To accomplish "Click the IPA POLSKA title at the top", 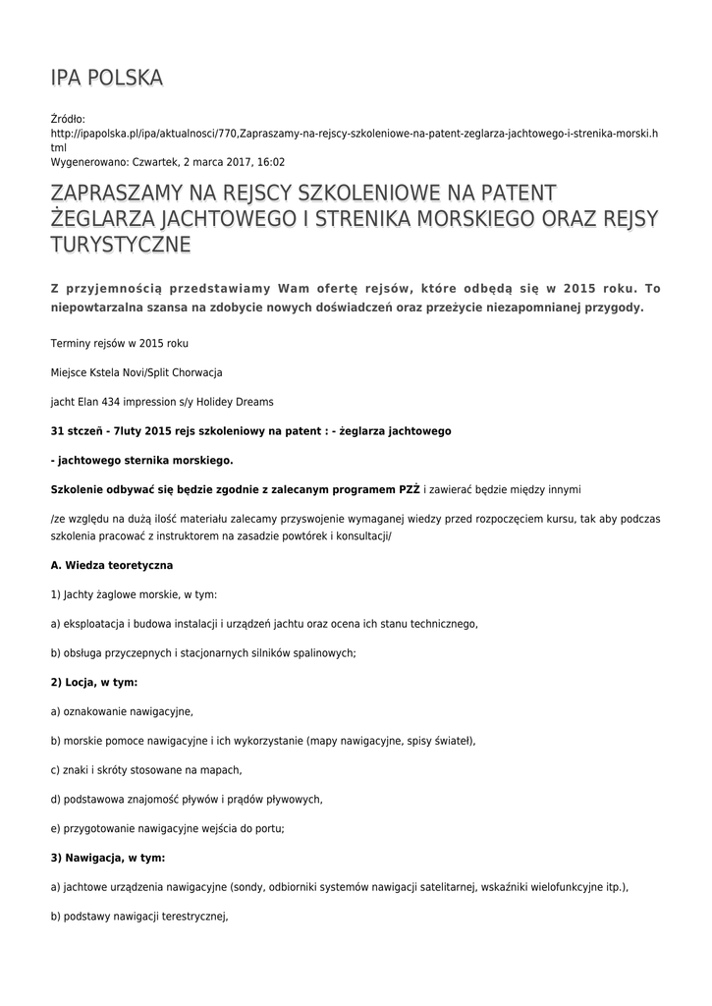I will coord(106,78).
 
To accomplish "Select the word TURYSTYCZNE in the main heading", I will coord(120,244).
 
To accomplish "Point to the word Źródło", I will coord(68,118).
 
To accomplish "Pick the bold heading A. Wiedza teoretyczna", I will coord(112,565).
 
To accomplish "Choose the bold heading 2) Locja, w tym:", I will coord(94,682).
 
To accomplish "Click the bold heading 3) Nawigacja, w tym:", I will coord(107,857).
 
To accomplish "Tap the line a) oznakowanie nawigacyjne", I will coord(122,710).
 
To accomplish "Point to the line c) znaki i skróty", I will coord(145,769).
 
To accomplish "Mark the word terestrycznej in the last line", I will coord(191,916).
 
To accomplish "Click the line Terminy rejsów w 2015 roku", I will coord(119,343).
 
